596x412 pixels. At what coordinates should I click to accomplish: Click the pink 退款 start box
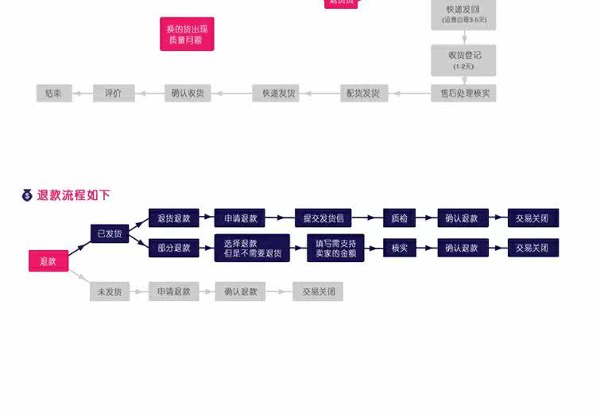48,260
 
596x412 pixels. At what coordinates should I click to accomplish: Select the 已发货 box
110,233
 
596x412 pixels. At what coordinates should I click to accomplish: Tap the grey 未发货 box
110,291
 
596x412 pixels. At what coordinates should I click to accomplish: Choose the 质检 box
400,218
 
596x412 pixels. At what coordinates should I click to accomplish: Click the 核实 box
400,248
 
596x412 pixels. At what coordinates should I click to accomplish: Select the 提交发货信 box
323,218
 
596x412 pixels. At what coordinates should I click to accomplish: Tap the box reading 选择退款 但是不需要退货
252,248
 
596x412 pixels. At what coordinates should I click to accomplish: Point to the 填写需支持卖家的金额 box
336,248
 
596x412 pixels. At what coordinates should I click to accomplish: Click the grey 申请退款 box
174,291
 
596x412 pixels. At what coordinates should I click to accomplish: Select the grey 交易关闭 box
318,291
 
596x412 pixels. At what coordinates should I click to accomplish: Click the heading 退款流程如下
74,195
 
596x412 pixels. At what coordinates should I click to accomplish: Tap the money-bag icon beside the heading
27,195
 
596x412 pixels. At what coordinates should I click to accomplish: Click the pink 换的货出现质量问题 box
187,34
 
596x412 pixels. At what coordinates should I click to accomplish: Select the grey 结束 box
54,93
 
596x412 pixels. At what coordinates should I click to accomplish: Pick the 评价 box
114,93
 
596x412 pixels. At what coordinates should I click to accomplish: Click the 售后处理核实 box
463,93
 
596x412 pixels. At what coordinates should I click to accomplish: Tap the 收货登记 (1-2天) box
463,59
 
